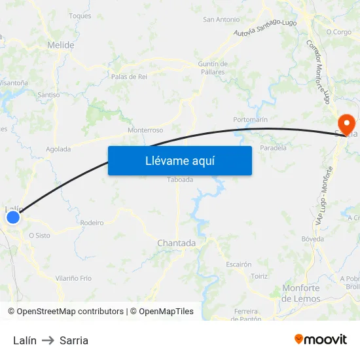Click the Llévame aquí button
click(x=179, y=160)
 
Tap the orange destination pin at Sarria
click(x=345, y=122)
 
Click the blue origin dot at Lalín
click(x=12, y=217)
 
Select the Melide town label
click(x=60, y=45)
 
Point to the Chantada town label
click(x=176, y=243)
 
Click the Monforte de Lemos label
click(x=301, y=293)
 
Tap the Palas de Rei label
click(x=129, y=77)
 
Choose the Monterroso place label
click(x=145, y=130)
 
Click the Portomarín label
click(x=250, y=120)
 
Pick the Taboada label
click(x=180, y=179)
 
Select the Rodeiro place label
click(x=92, y=223)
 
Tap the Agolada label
click(x=58, y=149)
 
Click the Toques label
click(x=80, y=16)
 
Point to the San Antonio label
click(x=221, y=20)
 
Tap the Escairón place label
click(x=238, y=264)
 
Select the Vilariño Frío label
click(x=73, y=278)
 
